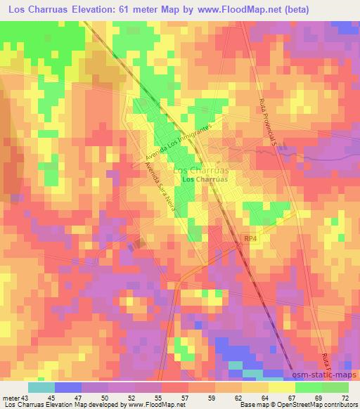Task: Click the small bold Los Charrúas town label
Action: click(x=205, y=180)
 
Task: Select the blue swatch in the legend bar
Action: click(x=67, y=387)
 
